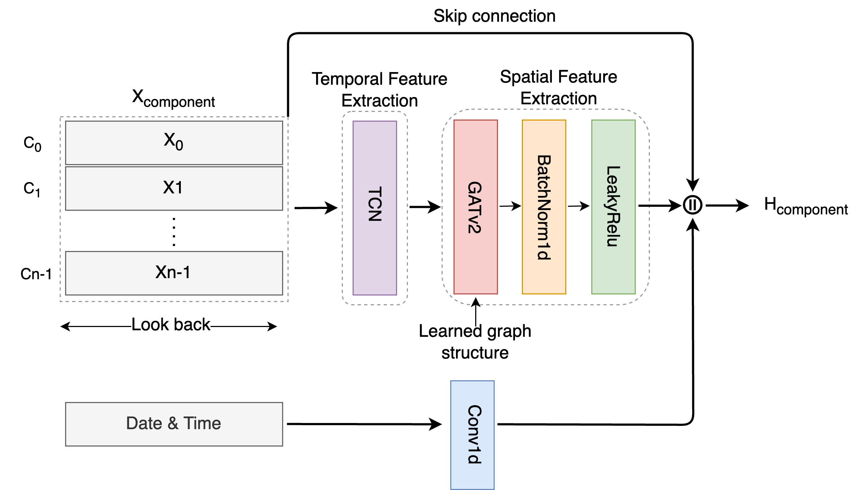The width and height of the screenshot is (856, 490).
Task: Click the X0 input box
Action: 174,143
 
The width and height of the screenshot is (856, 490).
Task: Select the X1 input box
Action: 174,188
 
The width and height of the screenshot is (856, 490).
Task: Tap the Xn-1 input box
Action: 174,273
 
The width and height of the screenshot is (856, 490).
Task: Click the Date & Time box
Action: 174,424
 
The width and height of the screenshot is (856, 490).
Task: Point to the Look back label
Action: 171,325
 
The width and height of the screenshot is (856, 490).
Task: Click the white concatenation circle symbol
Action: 693,205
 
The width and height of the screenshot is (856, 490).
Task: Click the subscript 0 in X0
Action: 179,146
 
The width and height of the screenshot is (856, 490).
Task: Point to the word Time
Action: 202,423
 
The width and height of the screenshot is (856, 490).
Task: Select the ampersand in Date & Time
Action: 173,423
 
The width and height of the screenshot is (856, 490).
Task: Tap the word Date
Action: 144,423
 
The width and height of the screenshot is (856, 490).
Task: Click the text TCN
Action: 375,204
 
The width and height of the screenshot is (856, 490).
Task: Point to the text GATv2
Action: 475,207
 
